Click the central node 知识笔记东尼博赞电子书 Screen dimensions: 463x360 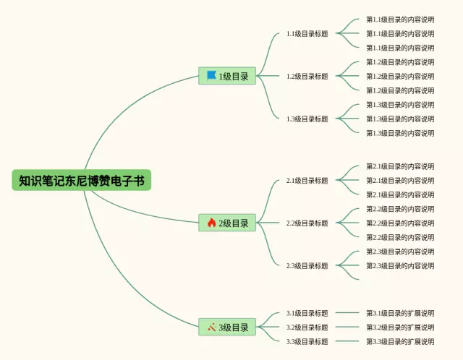tap(82, 180)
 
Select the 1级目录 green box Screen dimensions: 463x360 tap(227, 76)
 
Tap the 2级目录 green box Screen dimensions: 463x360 tap(227, 223)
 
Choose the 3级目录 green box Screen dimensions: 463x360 tap(227, 327)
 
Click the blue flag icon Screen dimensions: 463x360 tap(211, 75)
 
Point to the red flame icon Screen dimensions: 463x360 tap(211, 223)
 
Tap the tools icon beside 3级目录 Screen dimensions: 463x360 tap(212, 327)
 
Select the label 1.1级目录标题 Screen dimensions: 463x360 tap(307, 34)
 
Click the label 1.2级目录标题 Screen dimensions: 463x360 tap(307, 76)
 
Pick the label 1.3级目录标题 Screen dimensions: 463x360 tap(307, 119)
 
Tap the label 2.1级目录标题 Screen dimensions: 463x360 tap(307, 180)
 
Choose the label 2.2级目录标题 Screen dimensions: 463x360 tap(307, 223)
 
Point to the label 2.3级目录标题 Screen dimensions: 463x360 tap(307, 265)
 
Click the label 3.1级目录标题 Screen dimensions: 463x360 tap(307, 313)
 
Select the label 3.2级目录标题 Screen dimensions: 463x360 tap(307, 327)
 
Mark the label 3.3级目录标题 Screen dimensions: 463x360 tap(307, 341)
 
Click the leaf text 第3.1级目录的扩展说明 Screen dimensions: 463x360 tap(400, 313)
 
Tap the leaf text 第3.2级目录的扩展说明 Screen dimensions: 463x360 tap(400, 327)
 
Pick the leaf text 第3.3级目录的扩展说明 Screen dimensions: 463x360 tap(400, 341)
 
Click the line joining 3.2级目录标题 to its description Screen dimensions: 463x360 tap(347, 327)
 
